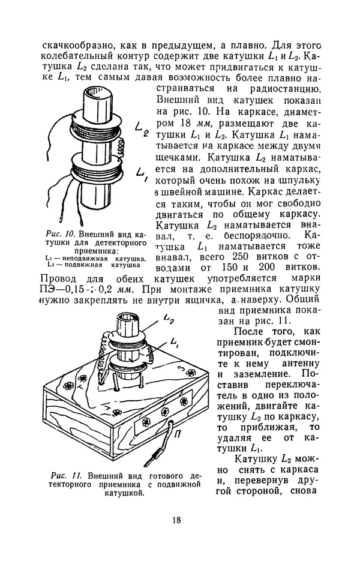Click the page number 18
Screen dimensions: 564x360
coord(175,520)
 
